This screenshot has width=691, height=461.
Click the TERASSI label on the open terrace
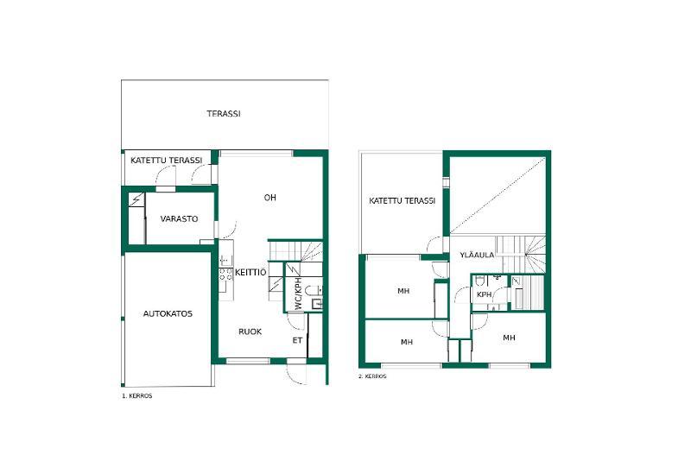click(x=224, y=114)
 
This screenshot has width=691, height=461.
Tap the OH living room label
click(x=270, y=198)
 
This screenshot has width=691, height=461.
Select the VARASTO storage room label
click(x=179, y=218)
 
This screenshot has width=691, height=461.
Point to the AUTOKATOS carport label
click(x=168, y=314)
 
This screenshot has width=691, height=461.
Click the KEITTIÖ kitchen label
click(x=250, y=272)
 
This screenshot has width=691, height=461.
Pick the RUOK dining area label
click(x=250, y=332)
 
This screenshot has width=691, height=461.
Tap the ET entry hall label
click(x=297, y=340)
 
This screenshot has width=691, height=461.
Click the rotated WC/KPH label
click(x=298, y=294)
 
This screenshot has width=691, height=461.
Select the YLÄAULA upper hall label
click(x=477, y=255)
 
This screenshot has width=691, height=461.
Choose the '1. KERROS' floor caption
click(x=137, y=396)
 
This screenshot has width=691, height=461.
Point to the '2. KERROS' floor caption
click(x=372, y=376)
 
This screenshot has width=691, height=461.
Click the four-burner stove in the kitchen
click(x=226, y=275)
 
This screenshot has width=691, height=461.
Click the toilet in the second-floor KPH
click(x=481, y=280)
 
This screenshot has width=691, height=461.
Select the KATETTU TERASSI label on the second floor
click(x=402, y=201)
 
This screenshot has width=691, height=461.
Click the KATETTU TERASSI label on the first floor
click(x=166, y=161)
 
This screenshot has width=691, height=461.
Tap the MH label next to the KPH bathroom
click(x=509, y=338)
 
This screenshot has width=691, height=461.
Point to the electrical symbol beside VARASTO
click(x=136, y=200)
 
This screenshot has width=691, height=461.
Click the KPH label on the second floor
click(x=484, y=294)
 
